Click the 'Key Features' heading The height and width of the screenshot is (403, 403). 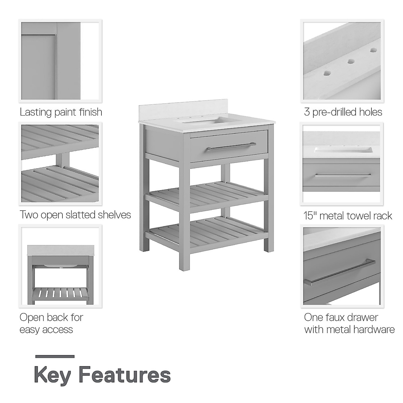[102, 375]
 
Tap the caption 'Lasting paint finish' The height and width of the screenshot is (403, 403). [61, 112]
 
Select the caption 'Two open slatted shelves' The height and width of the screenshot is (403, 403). [75, 215]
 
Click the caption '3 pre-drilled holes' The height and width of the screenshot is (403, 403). [343, 112]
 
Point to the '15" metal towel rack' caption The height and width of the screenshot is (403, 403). [348, 215]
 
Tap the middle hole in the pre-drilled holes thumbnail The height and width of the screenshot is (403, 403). [351, 61]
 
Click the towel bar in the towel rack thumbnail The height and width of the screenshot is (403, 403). [343, 175]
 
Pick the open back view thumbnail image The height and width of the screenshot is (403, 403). [60, 266]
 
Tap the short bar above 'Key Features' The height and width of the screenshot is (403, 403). [54, 356]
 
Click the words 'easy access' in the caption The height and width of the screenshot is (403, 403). [46, 329]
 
